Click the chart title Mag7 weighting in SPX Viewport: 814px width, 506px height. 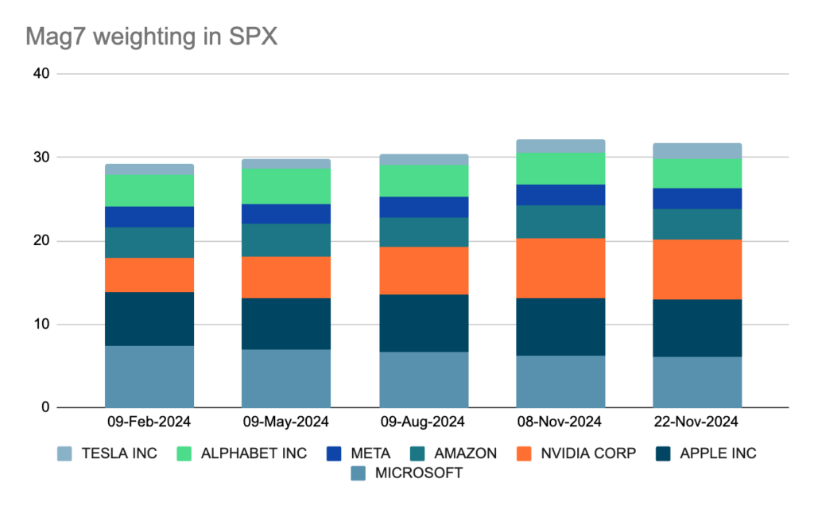pos(151,37)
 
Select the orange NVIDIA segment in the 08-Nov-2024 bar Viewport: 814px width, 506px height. pos(560,268)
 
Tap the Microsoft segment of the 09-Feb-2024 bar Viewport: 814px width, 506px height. pos(149,376)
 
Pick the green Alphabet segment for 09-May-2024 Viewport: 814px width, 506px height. pos(286,186)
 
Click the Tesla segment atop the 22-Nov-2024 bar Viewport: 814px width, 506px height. pos(697,150)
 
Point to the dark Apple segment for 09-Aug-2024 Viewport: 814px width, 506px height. pos(424,323)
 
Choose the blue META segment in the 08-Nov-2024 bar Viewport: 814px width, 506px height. pos(560,195)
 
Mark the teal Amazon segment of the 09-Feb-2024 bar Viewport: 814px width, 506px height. pos(149,243)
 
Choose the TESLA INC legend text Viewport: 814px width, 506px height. pos(118,453)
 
